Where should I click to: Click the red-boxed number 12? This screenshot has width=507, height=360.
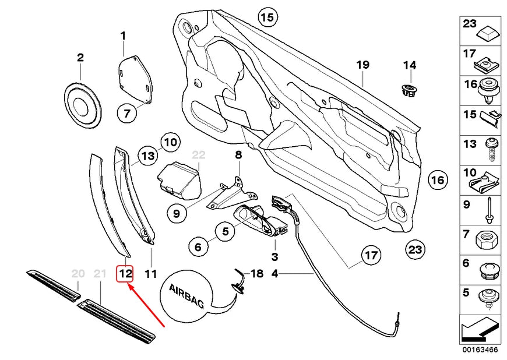tap(126, 272)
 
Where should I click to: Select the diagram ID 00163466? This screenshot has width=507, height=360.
tap(481, 350)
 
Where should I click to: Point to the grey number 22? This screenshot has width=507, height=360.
tap(199, 155)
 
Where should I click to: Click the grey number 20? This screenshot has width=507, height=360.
tap(78, 273)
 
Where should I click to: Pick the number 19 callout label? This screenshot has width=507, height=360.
tap(363, 65)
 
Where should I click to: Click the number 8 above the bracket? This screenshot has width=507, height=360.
tap(238, 155)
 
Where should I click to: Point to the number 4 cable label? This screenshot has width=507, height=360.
tap(274, 273)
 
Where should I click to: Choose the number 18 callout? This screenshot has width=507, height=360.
tap(257, 273)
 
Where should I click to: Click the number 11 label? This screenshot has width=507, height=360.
tap(151, 273)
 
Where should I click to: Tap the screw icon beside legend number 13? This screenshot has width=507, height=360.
tap(490, 149)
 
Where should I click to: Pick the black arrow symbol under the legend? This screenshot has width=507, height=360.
tap(480, 330)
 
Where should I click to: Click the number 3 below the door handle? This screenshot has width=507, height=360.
tap(274, 256)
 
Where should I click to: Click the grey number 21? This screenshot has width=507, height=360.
tap(100, 273)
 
